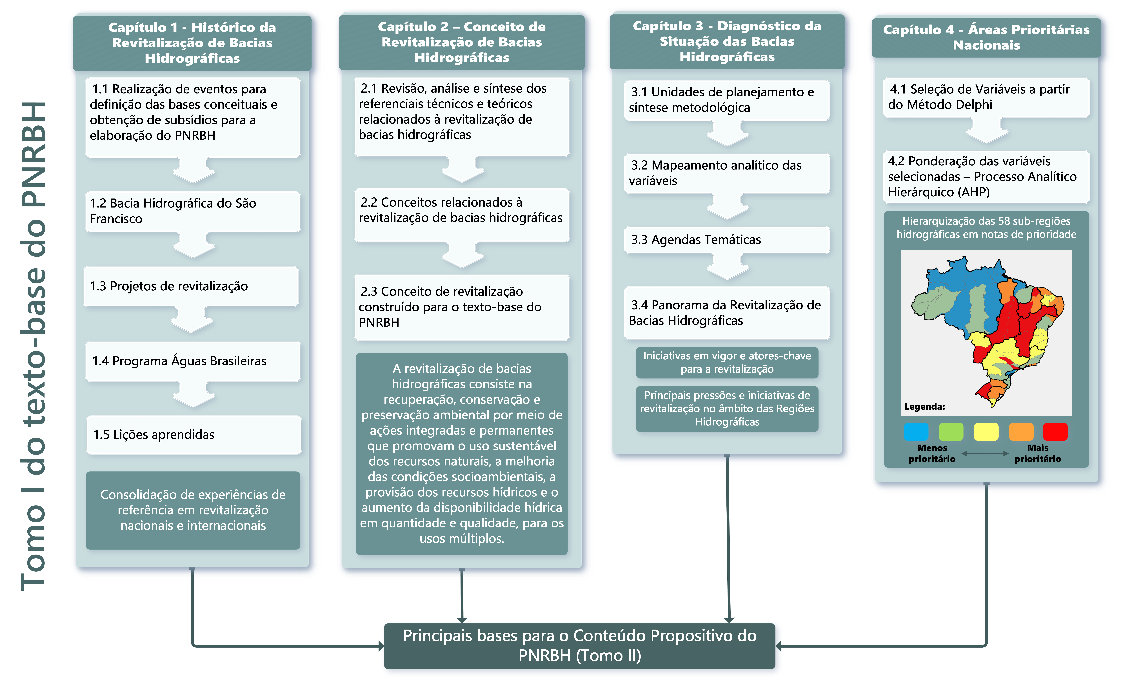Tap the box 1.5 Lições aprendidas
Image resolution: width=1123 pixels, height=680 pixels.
[194, 434]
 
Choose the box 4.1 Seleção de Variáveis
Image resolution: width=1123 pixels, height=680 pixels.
[986, 97]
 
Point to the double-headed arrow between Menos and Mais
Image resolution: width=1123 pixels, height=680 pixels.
[985, 453]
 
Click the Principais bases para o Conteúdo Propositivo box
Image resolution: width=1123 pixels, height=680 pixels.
[579, 645]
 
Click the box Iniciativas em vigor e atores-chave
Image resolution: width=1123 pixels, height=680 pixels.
[727, 362]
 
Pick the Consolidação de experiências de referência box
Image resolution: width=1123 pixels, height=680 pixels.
[193, 510]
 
